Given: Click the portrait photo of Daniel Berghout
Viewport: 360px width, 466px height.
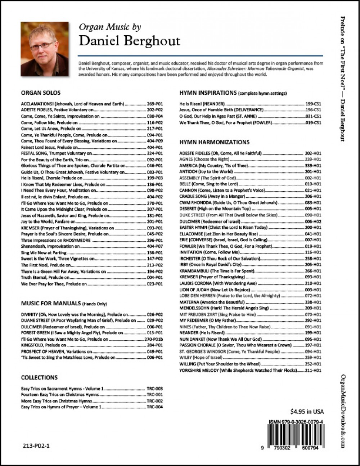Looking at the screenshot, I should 45,49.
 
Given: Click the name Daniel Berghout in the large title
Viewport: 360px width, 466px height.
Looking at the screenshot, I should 129,41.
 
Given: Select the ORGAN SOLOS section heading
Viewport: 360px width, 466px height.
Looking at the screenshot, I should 41,93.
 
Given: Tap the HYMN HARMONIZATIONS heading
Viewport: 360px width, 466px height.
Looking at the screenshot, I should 214,142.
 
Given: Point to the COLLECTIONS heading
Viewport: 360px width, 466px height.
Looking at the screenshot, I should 39,377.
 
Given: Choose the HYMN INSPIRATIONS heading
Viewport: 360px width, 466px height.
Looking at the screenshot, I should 208,93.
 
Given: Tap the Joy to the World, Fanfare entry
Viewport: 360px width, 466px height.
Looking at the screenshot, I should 48,221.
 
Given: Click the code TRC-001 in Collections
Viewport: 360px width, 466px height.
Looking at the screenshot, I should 155,395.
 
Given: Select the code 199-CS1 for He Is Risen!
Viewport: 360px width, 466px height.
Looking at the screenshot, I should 313,104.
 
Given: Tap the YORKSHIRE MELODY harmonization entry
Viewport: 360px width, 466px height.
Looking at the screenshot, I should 238,370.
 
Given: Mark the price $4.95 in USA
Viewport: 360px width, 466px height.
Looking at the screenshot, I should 307,412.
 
